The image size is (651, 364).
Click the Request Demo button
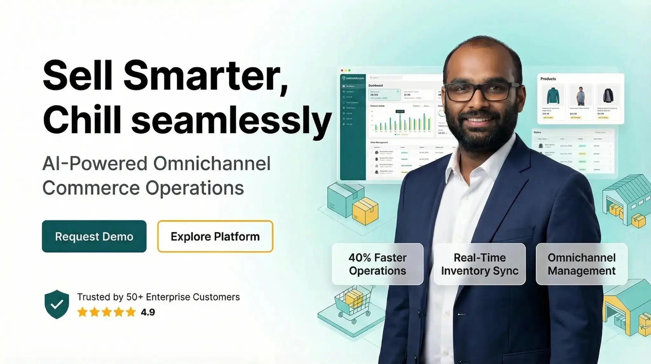point(94,236)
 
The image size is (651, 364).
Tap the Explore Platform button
point(215,236)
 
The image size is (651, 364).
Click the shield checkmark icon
point(57,304)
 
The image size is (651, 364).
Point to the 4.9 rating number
point(148,312)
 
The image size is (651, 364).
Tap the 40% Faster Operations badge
point(377,264)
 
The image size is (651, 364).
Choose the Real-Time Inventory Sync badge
point(479,264)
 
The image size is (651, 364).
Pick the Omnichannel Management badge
point(581,264)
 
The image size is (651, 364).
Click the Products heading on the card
point(548,79)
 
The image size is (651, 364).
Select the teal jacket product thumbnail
point(553,96)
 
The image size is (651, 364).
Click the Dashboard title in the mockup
point(375,85)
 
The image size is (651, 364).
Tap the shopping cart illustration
point(353,303)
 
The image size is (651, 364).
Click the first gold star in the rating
point(82,312)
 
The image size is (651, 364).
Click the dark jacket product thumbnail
point(608,96)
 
